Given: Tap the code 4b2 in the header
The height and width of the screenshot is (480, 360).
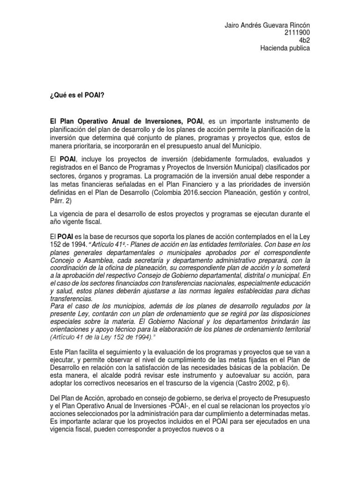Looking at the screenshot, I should click(304, 41).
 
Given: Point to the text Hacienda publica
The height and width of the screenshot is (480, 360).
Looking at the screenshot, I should click(285, 48).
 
